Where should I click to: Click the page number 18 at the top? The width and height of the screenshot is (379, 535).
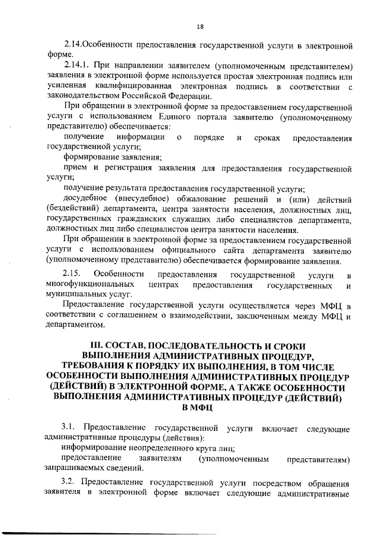(200, 27)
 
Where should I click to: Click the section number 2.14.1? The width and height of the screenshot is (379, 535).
(77, 64)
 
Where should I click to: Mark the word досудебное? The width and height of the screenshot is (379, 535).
(88, 199)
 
